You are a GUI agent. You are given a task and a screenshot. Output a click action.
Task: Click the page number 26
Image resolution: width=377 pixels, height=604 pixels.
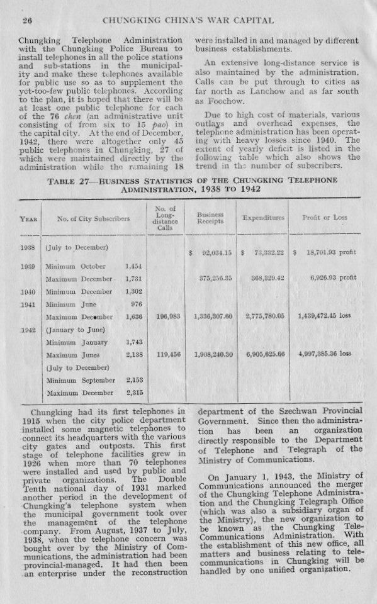point(27,21)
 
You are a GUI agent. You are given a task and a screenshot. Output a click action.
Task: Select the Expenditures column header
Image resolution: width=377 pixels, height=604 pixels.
point(264,218)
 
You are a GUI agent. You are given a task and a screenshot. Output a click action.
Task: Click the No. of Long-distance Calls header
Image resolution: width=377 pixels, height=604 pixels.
point(164,218)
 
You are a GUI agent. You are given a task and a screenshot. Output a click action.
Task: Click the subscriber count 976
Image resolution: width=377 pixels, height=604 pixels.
point(137,303)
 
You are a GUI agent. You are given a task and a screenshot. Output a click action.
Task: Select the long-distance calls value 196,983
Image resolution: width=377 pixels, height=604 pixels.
point(165,316)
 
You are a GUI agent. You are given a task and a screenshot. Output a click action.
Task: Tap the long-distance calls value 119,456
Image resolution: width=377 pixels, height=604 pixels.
point(165,355)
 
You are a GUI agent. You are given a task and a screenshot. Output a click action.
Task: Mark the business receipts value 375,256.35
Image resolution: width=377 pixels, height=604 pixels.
point(211,279)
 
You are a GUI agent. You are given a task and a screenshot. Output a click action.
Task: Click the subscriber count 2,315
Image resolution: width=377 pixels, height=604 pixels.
point(135,393)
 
